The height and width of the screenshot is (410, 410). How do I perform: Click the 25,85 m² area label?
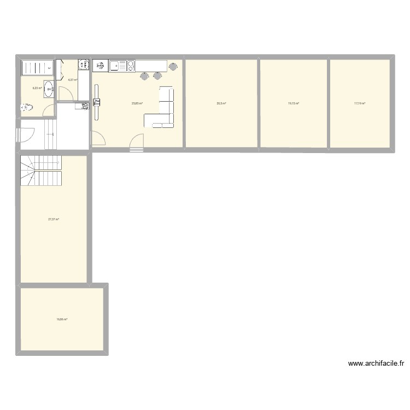point(137,103)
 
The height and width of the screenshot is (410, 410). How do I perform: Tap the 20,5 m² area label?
point(221,103)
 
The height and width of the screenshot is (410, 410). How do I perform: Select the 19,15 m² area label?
point(294,103)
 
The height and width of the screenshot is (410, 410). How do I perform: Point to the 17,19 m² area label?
point(360,103)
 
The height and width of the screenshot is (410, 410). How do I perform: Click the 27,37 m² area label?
point(54,219)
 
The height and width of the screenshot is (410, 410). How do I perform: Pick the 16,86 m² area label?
point(62,320)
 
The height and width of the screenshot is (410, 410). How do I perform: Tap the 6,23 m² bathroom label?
point(37,88)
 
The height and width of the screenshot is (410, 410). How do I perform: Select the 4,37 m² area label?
point(72,80)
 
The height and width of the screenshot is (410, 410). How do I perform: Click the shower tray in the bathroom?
point(37,68)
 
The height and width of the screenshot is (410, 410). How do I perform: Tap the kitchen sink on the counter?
point(116,66)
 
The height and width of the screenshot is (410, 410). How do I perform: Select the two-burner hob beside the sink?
point(131,66)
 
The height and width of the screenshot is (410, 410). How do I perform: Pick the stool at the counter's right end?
point(173,67)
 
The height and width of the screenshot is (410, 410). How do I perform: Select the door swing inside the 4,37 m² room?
point(66,93)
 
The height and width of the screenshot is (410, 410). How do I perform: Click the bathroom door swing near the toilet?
point(48,110)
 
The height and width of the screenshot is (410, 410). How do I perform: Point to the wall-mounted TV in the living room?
point(97,102)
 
